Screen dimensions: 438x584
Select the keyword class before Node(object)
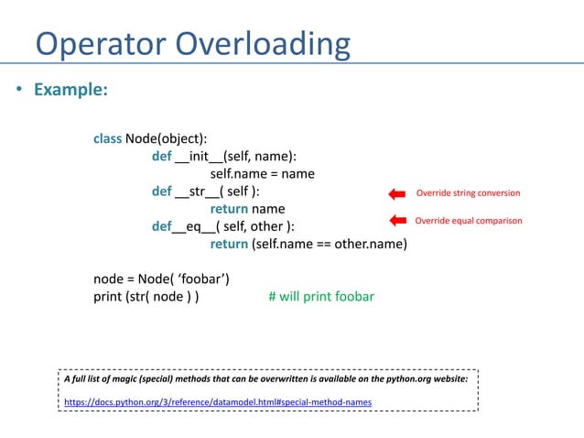coord(107,138)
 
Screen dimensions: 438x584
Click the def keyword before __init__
coord(162,156)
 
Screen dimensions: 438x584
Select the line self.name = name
coord(262,173)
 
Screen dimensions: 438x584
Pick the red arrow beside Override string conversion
coord(395,193)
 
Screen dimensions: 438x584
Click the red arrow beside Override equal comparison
coord(395,221)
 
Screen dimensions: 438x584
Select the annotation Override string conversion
coord(468,193)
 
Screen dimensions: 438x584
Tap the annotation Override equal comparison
coord(469,221)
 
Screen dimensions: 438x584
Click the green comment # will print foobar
coord(320,297)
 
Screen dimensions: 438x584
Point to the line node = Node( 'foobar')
coord(160,279)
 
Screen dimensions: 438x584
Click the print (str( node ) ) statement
coord(146,297)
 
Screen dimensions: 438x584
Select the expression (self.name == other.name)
coord(330,244)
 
